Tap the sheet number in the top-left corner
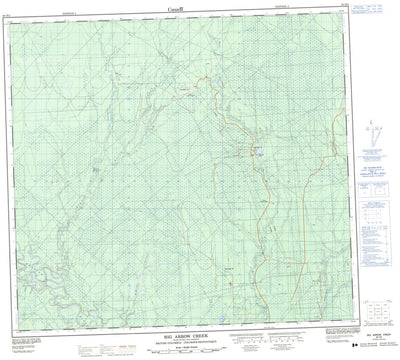tap(13, 12)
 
